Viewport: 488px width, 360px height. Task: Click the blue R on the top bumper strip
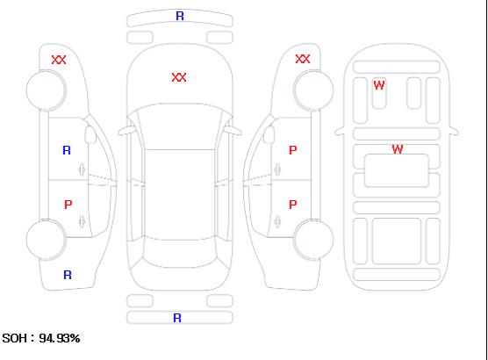[180, 16]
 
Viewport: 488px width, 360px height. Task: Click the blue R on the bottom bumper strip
[177, 318]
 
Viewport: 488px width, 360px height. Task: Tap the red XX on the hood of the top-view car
[179, 77]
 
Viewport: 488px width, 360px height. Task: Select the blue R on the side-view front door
[67, 150]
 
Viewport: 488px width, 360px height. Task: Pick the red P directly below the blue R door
[68, 205]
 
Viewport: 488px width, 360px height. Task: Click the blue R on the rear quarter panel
[68, 275]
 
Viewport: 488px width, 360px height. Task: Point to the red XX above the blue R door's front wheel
[59, 60]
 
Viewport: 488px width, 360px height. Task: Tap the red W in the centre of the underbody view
[398, 149]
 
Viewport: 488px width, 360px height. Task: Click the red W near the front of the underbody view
[379, 85]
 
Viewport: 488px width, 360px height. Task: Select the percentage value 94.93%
[60, 338]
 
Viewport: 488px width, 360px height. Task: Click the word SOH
[15, 338]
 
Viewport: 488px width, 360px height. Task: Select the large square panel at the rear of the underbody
[397, 241]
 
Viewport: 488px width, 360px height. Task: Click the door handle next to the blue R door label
[82, 169]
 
